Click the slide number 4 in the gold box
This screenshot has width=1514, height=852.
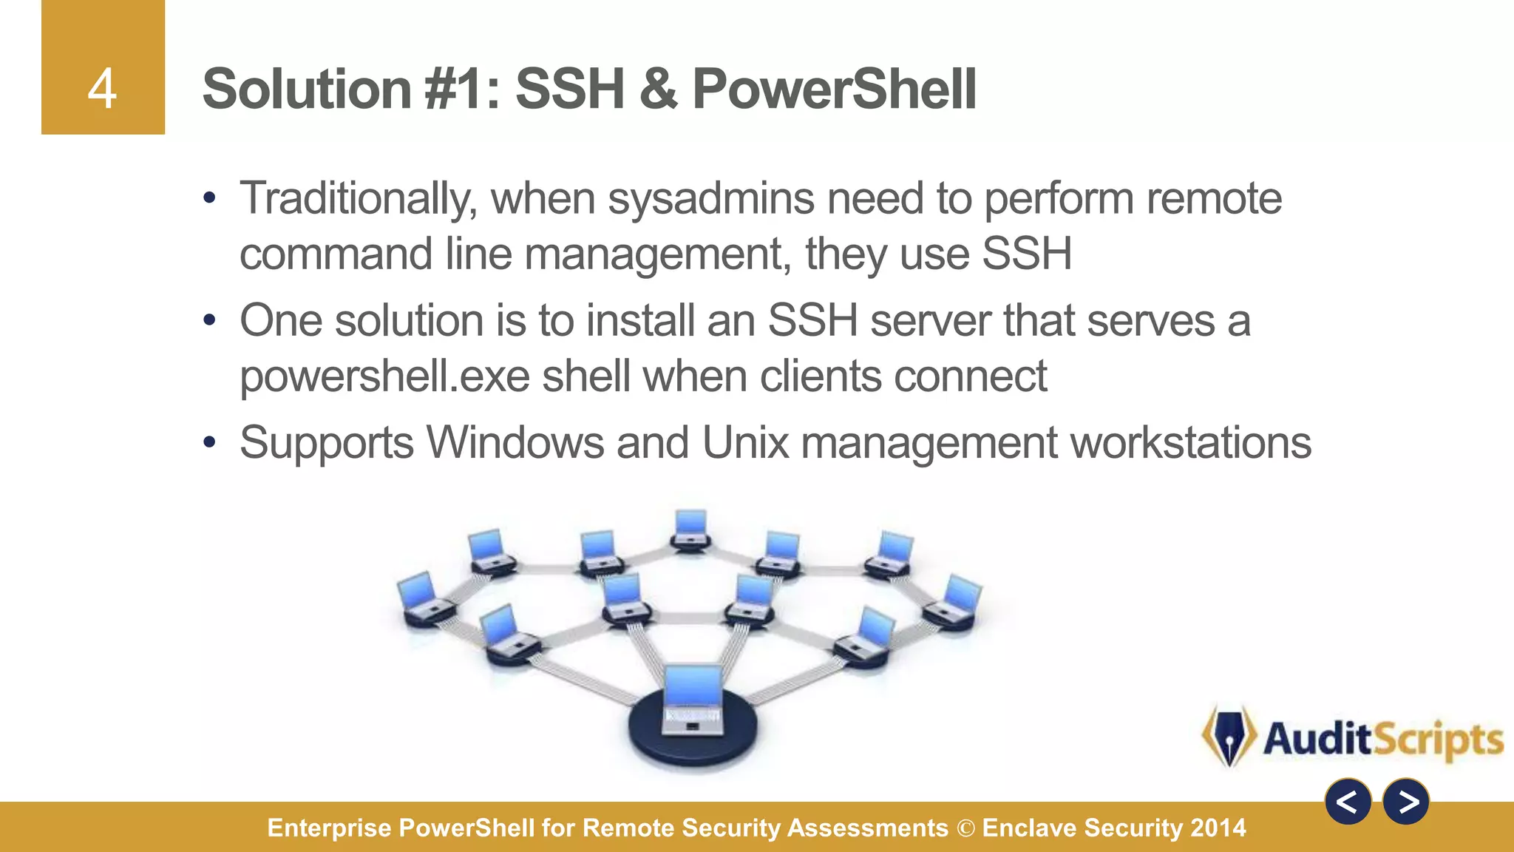coord(102,89)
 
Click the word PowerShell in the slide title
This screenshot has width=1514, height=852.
coord(834,89)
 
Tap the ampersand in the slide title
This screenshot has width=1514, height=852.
coord(658,89)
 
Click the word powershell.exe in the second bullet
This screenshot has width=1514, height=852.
coord(384,376)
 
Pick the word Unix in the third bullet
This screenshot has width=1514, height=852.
coord(746,443)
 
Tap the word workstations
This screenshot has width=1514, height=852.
coord(1191,443)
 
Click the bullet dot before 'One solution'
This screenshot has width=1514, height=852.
coord(210,320)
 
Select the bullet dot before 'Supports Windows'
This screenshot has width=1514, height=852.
coord(210,443)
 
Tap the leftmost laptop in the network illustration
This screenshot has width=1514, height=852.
coord(420,595)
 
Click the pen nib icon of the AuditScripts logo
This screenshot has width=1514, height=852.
coord(1229,737)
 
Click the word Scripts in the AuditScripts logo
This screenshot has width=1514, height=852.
coord(1439,740)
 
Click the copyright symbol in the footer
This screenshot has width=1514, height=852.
coord(965,828)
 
